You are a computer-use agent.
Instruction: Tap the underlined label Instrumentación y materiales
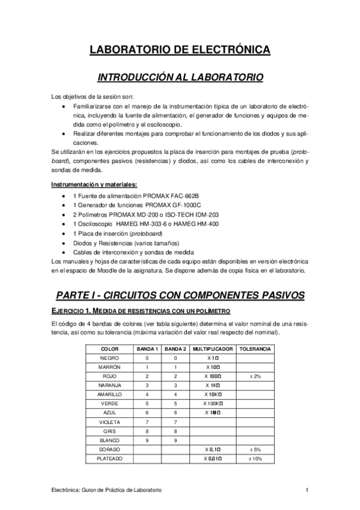[x=95, y=184]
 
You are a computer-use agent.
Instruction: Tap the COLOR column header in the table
[x=109, y=349]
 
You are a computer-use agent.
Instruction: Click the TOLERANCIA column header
[x=254, y=349]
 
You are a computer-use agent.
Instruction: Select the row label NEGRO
[x=109, y=358]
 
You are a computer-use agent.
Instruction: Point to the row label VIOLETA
[x=109, y=422]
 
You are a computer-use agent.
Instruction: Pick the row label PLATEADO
[x=109, y=458]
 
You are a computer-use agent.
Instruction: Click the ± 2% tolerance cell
[x=254, y=376]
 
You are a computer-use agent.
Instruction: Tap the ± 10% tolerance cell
[x=254, y=458]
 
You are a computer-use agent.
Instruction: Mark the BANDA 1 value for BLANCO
[x=147, y=440]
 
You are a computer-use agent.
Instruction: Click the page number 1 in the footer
[x=307, y=491]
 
